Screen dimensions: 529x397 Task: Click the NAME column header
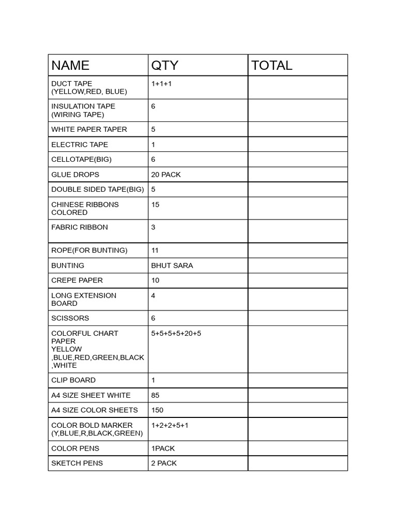pos(70,66)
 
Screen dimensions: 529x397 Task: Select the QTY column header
pos(164,66)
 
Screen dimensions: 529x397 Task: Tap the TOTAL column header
pos(271,66)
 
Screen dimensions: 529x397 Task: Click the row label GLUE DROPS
pos(75,175)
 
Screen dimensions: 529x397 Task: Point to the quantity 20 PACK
pos(166,175)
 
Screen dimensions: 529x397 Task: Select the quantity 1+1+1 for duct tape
pos(161,84)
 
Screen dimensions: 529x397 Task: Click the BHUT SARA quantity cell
pos(172,266)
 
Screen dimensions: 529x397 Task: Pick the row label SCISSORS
pos(70,318)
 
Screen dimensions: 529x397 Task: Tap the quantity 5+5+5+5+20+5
pos(176,334)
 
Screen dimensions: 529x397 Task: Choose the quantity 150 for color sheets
pos(157,410)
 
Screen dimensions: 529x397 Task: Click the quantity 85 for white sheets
pos(155,395)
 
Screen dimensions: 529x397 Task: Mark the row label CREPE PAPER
pos(77,281)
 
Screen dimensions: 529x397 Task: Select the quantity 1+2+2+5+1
pos(170,425)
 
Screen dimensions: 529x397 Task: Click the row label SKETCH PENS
pos(77,463)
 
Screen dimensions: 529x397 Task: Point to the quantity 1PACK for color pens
pos(164,448)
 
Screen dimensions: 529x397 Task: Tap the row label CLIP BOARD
pos(73,380)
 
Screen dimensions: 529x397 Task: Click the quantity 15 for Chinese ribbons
pos(155,205)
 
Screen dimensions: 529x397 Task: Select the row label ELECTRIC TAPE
pos(80,145)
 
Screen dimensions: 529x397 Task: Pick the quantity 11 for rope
pos(155,251)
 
